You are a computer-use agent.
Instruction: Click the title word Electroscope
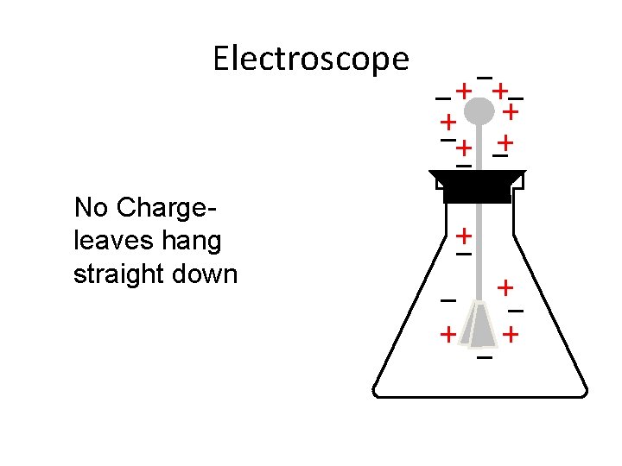(310, 59)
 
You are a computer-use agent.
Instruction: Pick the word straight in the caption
(117, 274)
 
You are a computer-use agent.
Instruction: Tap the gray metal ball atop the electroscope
(479, 110)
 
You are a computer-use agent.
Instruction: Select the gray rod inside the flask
(479, 250)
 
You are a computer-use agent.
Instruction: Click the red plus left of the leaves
(447, 333)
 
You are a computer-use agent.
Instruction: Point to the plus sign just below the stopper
(464, 235)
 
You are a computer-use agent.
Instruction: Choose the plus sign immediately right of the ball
(511, 111)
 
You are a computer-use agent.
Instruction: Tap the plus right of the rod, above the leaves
(505, 286)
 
